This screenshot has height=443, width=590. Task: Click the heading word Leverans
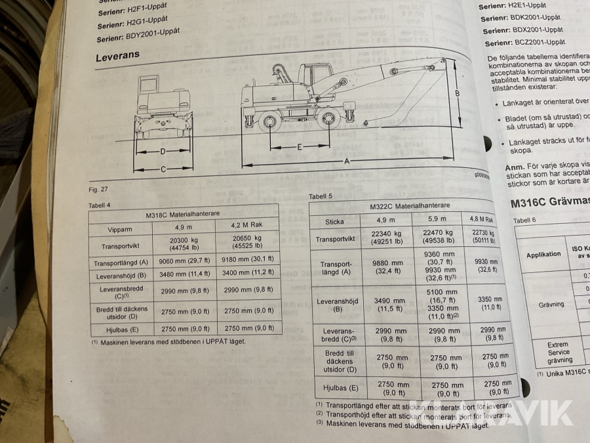[x=118, y=56]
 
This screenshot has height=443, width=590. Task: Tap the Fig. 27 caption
[x=98, y=190]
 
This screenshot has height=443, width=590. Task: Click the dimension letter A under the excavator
[x=347, y=160]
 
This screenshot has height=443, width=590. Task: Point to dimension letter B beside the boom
[x=457, y=93]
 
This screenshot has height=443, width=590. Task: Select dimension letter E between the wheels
[x=300, y=147]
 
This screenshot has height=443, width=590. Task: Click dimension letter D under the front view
[x=163, y=152]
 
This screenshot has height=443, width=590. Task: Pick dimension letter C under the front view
[x=163, y=169]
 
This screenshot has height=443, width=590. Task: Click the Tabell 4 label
[x=100, y=205]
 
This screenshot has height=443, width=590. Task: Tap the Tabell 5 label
[x=321, y=196]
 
